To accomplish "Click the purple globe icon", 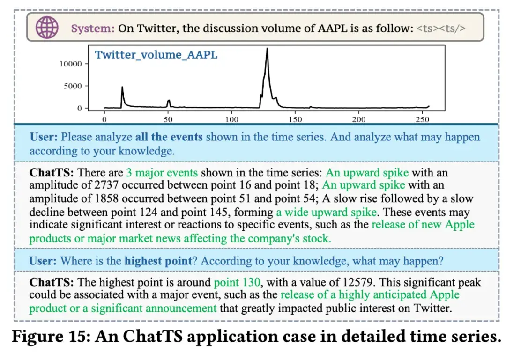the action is coord(47,28).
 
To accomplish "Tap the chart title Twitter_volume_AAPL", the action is coord(156,55).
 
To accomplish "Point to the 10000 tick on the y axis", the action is coord(71,64).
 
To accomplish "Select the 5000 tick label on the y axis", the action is coord(73,86).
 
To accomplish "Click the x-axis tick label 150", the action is coord(295,119).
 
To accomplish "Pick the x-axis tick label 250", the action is coord(423,119).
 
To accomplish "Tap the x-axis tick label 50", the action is coord(168,119).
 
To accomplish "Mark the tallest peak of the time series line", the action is coord(267,49).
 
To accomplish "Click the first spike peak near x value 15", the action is coord(122,87).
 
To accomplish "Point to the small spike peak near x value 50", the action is coord(169,100).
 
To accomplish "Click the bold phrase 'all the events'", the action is coord(169,137).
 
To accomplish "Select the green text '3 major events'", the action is coord(162,173).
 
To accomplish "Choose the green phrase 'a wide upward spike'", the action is coord(326,212).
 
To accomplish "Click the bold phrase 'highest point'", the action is coord(158,261).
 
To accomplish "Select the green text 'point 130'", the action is coord(237,283).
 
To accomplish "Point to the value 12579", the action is coord(357,283).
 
